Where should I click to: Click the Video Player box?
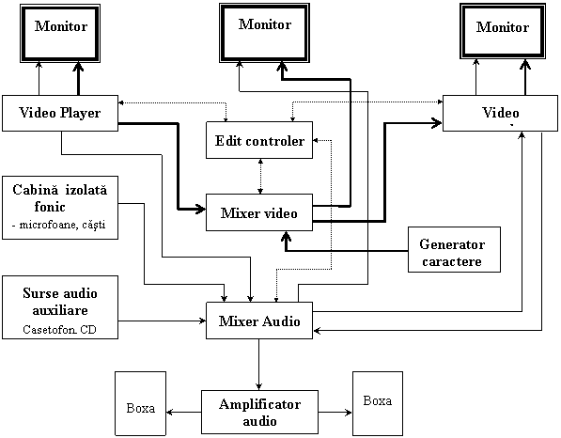pos(60,113)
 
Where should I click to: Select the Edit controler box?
pos(259,140)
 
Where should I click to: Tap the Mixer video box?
pos(259,212)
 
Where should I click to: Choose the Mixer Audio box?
pos(259,321)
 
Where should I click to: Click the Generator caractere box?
pos(455,249)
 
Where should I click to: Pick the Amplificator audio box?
pos(259,413)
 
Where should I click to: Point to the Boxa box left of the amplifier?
pos(141,403)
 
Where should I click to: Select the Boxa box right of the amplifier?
pos(378,403)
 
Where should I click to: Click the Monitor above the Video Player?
pos(60,33)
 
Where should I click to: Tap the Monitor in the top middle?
pos(264,33)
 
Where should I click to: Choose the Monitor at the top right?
pos(503,31)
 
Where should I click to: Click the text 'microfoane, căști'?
pos(62,225)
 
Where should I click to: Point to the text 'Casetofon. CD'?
pos(60,330)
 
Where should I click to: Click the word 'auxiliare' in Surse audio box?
pos(60,310)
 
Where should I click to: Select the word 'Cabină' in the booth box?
pos(35,190)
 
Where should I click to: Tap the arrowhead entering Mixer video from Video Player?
pos(200,209)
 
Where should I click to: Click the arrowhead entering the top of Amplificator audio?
pos(259,386)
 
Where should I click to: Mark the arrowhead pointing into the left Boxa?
pos(170,413)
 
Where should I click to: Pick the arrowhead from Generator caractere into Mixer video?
pos(286,236)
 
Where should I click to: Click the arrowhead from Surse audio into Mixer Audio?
pos(202,321)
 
